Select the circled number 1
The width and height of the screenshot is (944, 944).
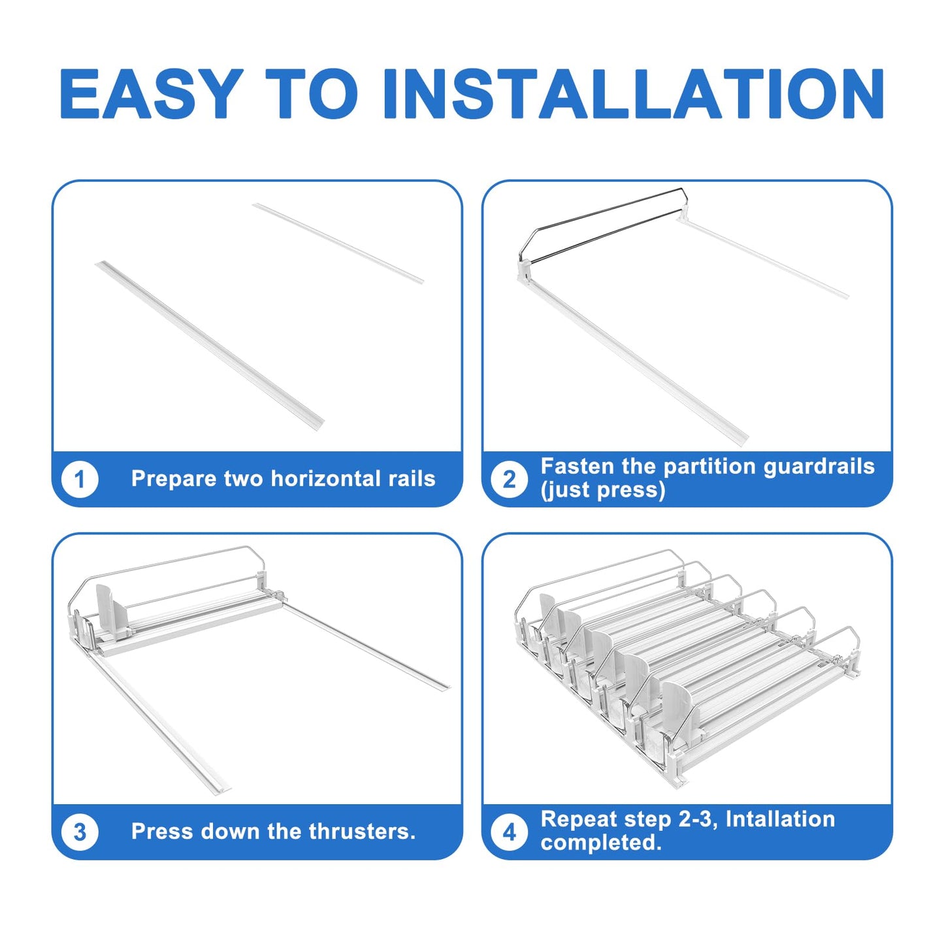[x=80, y=479]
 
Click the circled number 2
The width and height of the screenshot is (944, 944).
[x=510, y=479]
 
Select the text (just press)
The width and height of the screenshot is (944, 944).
[x=602, y=491]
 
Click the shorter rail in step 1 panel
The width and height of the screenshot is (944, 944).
[x=338, y=243]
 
